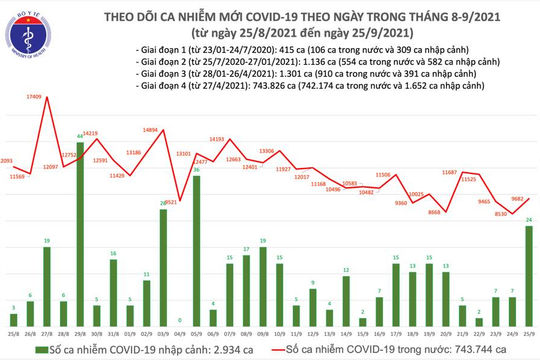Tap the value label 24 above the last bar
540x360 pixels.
tap(527, 220)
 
